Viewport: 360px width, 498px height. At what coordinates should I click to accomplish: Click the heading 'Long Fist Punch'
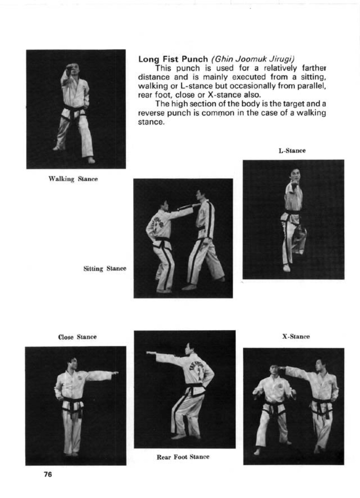point(173,59)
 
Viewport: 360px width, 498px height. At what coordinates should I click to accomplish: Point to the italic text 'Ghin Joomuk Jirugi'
point(253,59)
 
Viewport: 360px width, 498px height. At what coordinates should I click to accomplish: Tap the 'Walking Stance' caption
point(73,179)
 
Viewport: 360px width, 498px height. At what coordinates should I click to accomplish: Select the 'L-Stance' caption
point(292,151)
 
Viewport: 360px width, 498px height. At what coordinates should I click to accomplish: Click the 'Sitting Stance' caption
point(105,268)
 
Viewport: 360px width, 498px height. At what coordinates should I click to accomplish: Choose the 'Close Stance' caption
point(77,337)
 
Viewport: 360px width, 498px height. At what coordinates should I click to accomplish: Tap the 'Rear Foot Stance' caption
point(183,457)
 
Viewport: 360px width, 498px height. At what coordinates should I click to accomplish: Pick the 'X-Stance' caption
point(296,337)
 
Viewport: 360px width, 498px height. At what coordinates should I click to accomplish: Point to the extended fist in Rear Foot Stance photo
point(149,353)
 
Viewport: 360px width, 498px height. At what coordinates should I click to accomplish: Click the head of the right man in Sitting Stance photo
point(200,195)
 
